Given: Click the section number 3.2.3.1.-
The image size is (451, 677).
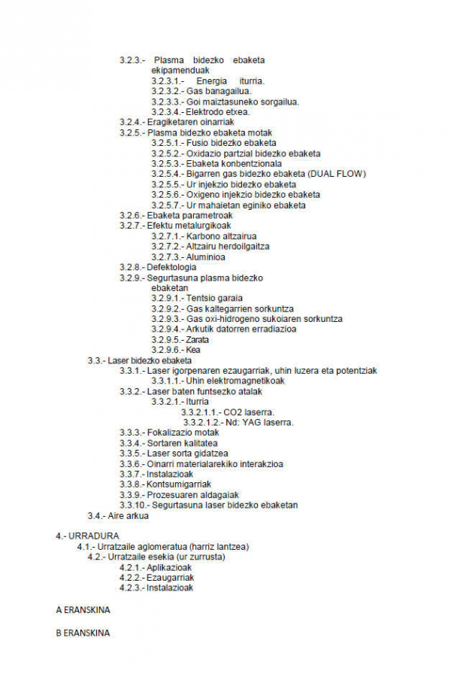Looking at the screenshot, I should click(x=167, y=80).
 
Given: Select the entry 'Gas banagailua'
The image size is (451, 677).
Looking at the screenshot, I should click(x=215, y=91).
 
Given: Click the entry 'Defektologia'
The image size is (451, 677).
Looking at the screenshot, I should click(x=172, y=267).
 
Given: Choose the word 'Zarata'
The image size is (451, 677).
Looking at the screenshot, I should click(x=198, y=339).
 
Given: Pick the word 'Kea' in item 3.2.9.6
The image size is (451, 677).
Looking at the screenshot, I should click(x=193, y=350).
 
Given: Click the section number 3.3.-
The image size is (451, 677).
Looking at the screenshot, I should click(x=96, y=360).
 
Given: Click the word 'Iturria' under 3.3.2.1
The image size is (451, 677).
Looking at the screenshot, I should click(x=198, y=402).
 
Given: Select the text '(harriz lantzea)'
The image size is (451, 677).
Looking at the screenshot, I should click(x=219, y=546).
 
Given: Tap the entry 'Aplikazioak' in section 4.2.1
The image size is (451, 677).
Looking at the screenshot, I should click(x=171, y=567).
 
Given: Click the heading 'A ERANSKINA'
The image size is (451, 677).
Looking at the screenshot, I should click(x=83, y=610).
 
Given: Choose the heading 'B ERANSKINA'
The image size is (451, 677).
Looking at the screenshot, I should click(x=83, y=633).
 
